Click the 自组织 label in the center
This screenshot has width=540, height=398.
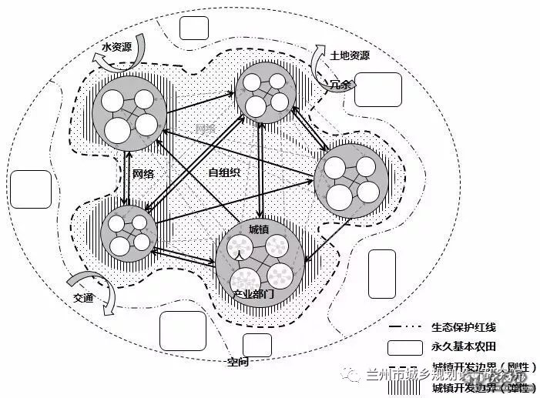(x=224, y=172)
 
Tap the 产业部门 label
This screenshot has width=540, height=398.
(x=253, y=295)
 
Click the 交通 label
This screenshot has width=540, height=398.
(x=84, y=299)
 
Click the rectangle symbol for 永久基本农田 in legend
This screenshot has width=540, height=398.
(x=405, y=348)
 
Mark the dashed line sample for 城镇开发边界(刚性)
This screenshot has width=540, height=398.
(x=405, y=366)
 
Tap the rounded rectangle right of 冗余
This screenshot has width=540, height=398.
(x=378, y=89)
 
